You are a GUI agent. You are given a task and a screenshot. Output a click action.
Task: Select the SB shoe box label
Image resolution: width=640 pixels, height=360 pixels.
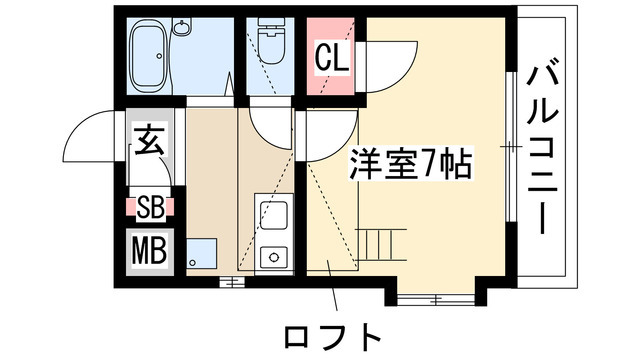pyautogui.click(x=150, y=208)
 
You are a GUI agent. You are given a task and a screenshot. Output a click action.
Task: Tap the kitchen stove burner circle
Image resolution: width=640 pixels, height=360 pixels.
pyautogui.click(x=271, y=256)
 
